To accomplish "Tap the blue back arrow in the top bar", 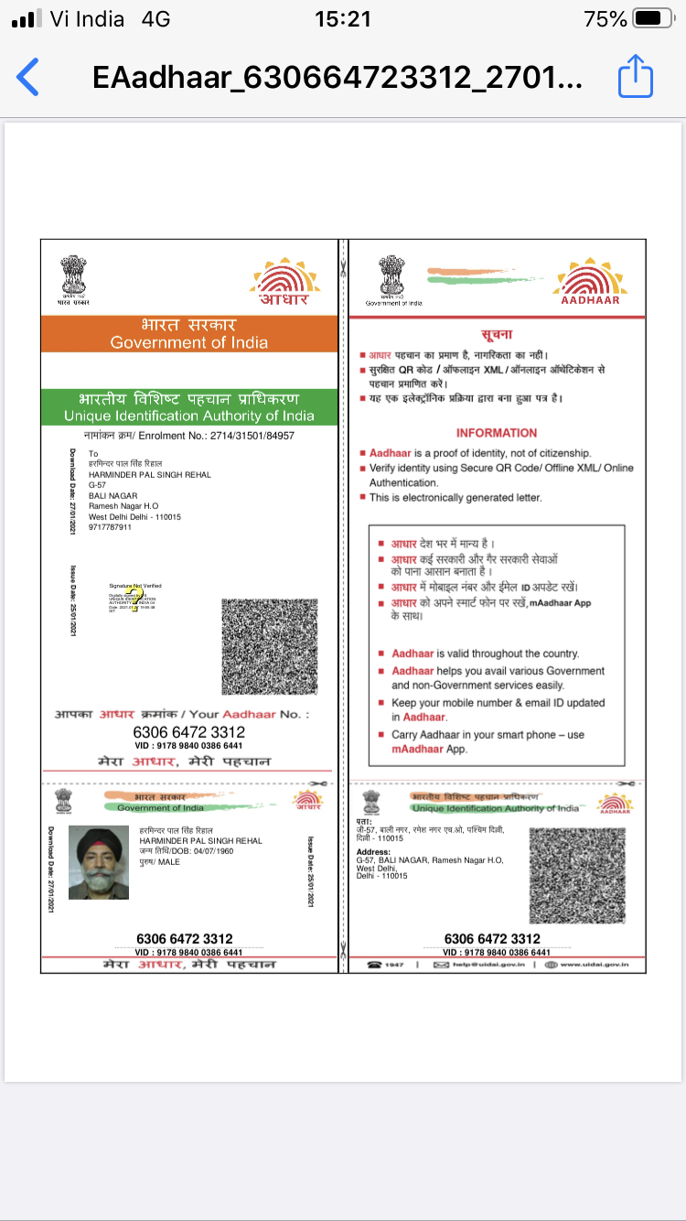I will click(x=28, y=77).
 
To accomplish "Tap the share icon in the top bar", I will click(x=636, y=76).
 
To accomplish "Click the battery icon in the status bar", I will click(x=652, y=19).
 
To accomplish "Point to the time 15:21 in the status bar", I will click(x=342, y=19).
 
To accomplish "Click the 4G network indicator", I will click(x=155, y=19).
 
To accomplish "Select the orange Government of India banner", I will click(x=189, y=333).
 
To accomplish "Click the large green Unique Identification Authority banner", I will click(x=189, y=407).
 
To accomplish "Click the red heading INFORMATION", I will click(x=497, y=433).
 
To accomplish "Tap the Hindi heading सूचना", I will click(x=497, y=335).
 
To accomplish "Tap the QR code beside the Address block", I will click(x=578, y=874).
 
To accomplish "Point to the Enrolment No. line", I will click(x=189, y=436).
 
